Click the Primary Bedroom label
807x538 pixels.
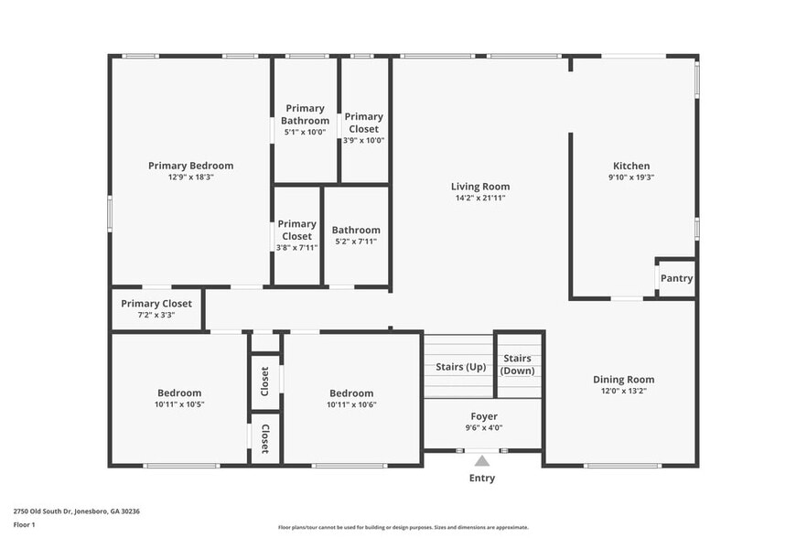pos(190,166)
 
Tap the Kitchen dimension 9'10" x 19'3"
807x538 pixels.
pos(632,178)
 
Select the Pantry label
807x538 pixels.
pos(676,278)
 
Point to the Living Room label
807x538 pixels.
pos(479,187)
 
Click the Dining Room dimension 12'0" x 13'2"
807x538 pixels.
pos(623,391)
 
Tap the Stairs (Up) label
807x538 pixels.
pos(460,367)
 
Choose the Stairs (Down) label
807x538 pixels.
pos(518,364)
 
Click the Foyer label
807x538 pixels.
pos(484,416)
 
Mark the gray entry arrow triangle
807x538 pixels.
pos(482,460)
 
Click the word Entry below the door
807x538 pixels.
pos(482,478)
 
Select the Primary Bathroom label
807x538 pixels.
pos(305,114)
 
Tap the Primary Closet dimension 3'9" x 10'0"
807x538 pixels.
pos(363,140)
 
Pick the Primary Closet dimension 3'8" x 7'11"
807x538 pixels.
pos(296,247)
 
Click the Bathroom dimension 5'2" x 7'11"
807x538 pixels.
pos(356,242)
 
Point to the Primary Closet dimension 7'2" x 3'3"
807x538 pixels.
pos(156,315)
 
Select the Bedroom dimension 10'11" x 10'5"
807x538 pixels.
pos(179,404)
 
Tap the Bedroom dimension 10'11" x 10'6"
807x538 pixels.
pos(351,404)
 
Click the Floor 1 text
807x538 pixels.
pos(24,524)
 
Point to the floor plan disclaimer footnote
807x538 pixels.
pos(403,527)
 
